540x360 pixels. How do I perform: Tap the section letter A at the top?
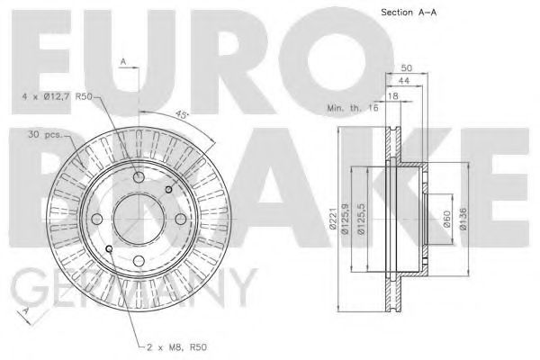[123, 61]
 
